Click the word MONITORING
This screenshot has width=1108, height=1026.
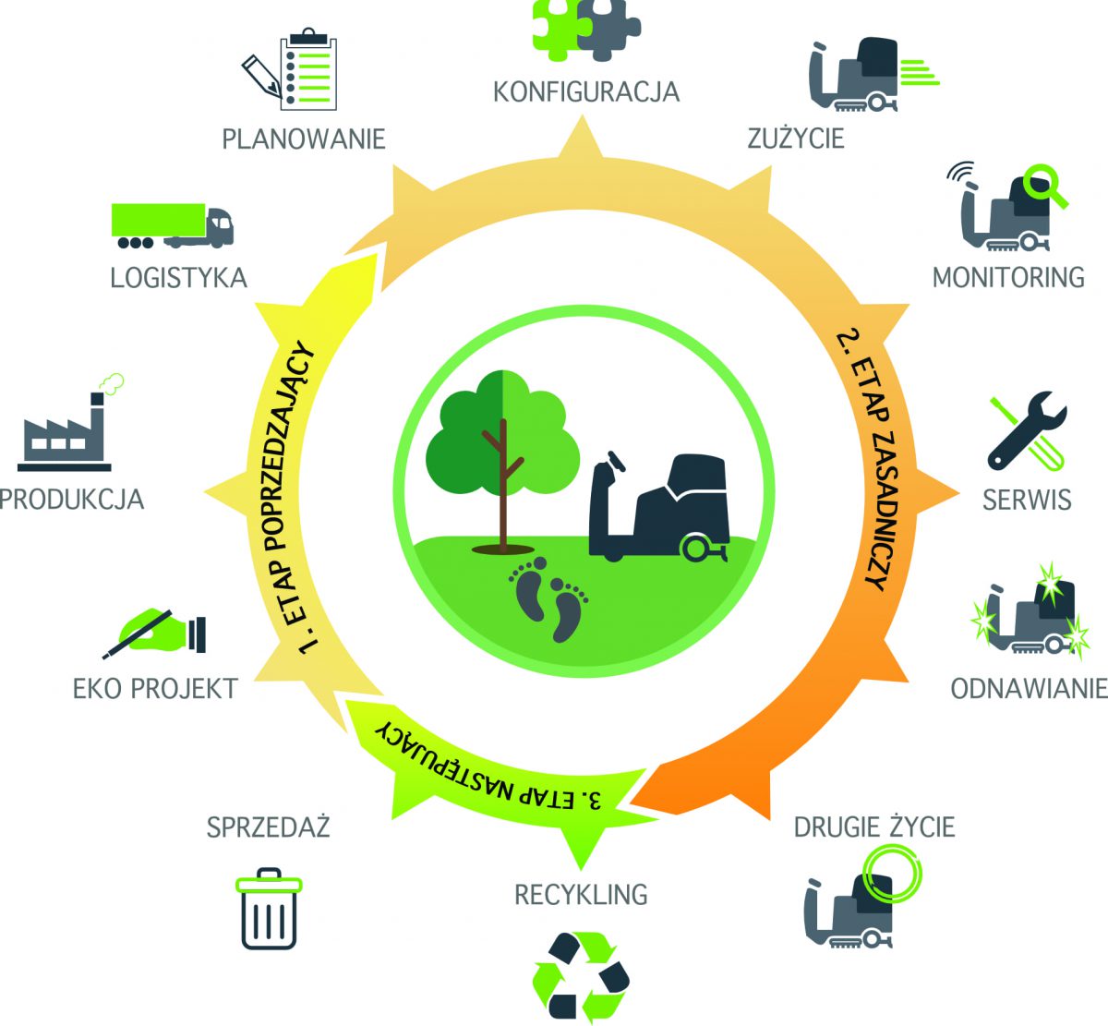click(1008, 277)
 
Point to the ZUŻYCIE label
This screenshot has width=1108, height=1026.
click(795, 139)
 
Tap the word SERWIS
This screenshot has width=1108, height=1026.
click(1026, 500)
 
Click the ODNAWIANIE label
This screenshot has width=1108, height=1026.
click(1028, 689)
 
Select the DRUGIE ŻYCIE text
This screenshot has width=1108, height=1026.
click(873, 826)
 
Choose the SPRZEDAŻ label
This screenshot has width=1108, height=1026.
click(268, 827)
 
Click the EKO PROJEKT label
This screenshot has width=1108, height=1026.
click(155, 688)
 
